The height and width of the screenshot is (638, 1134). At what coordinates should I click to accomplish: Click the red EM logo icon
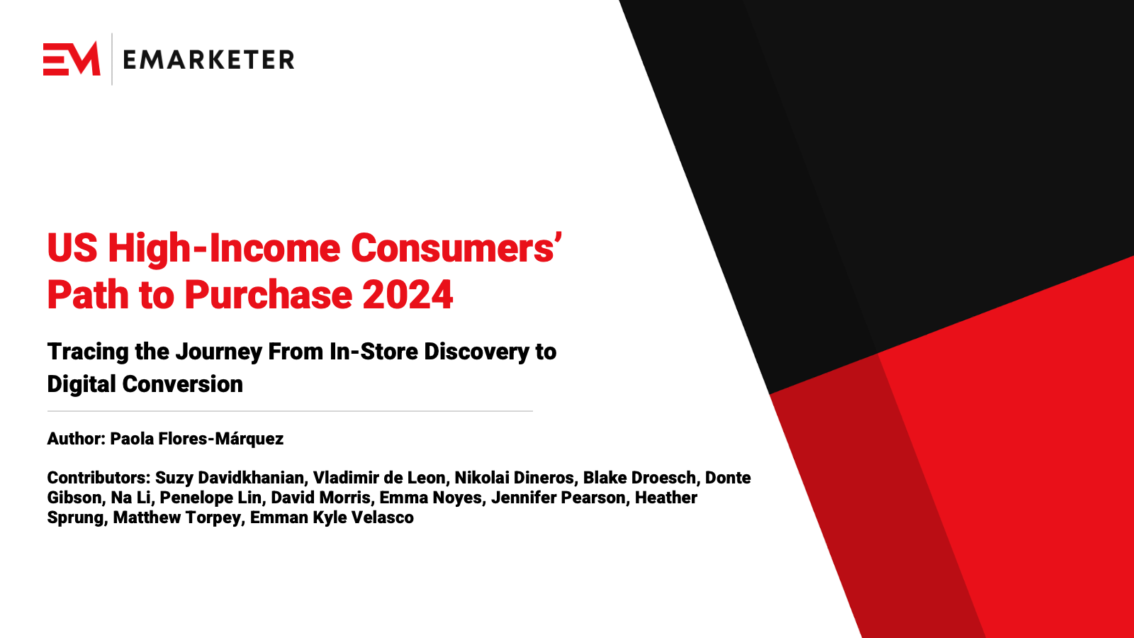(72, 59)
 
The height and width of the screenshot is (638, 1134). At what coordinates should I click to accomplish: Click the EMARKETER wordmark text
(208, 60)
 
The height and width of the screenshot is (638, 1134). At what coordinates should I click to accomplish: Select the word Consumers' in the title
(456, 249)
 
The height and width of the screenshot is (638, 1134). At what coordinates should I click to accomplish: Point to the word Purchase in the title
(269, 295)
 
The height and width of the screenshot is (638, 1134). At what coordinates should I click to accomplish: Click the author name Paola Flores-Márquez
(196, 439)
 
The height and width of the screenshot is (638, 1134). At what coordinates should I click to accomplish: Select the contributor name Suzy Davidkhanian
(230, 478)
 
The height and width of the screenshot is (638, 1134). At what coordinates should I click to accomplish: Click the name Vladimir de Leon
(379, 478)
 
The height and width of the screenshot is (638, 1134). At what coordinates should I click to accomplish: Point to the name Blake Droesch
(639, 478)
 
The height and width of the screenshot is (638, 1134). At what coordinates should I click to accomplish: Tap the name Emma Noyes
(430, 498)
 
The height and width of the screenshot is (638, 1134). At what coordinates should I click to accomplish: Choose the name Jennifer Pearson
(558, 498)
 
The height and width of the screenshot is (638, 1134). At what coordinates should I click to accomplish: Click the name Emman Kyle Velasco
(332, 517)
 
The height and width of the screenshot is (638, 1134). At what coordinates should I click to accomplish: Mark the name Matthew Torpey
(176, 517)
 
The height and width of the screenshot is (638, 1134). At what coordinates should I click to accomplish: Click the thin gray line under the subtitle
(290, 411)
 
